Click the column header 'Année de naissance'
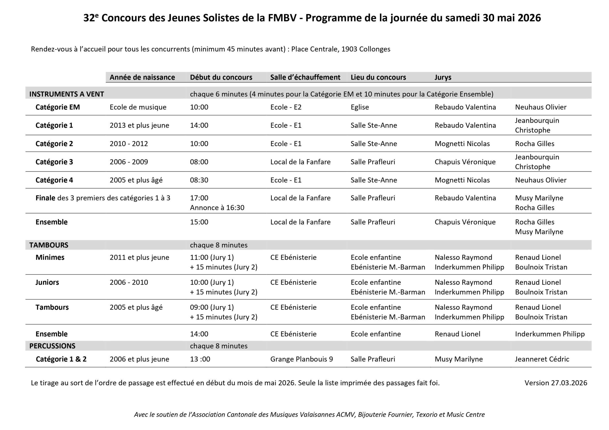pos(142,77)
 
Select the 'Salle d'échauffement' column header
pos(305,77)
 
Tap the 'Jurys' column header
pos(443,77)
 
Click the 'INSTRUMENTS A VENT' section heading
pos(67,94)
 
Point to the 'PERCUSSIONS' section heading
pos(52,346)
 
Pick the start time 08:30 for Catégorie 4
pos(199,180)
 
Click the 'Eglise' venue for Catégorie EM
pos(359,107)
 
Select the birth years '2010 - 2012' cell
pos(129,143)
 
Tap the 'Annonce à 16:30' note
pos(217,207)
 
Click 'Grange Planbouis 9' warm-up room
pos(301,359)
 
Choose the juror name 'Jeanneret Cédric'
pos(542,359)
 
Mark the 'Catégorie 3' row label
pos(54,162)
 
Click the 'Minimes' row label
pos(50,257)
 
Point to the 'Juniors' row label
pos(47,282)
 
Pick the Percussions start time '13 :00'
pos(200,359)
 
